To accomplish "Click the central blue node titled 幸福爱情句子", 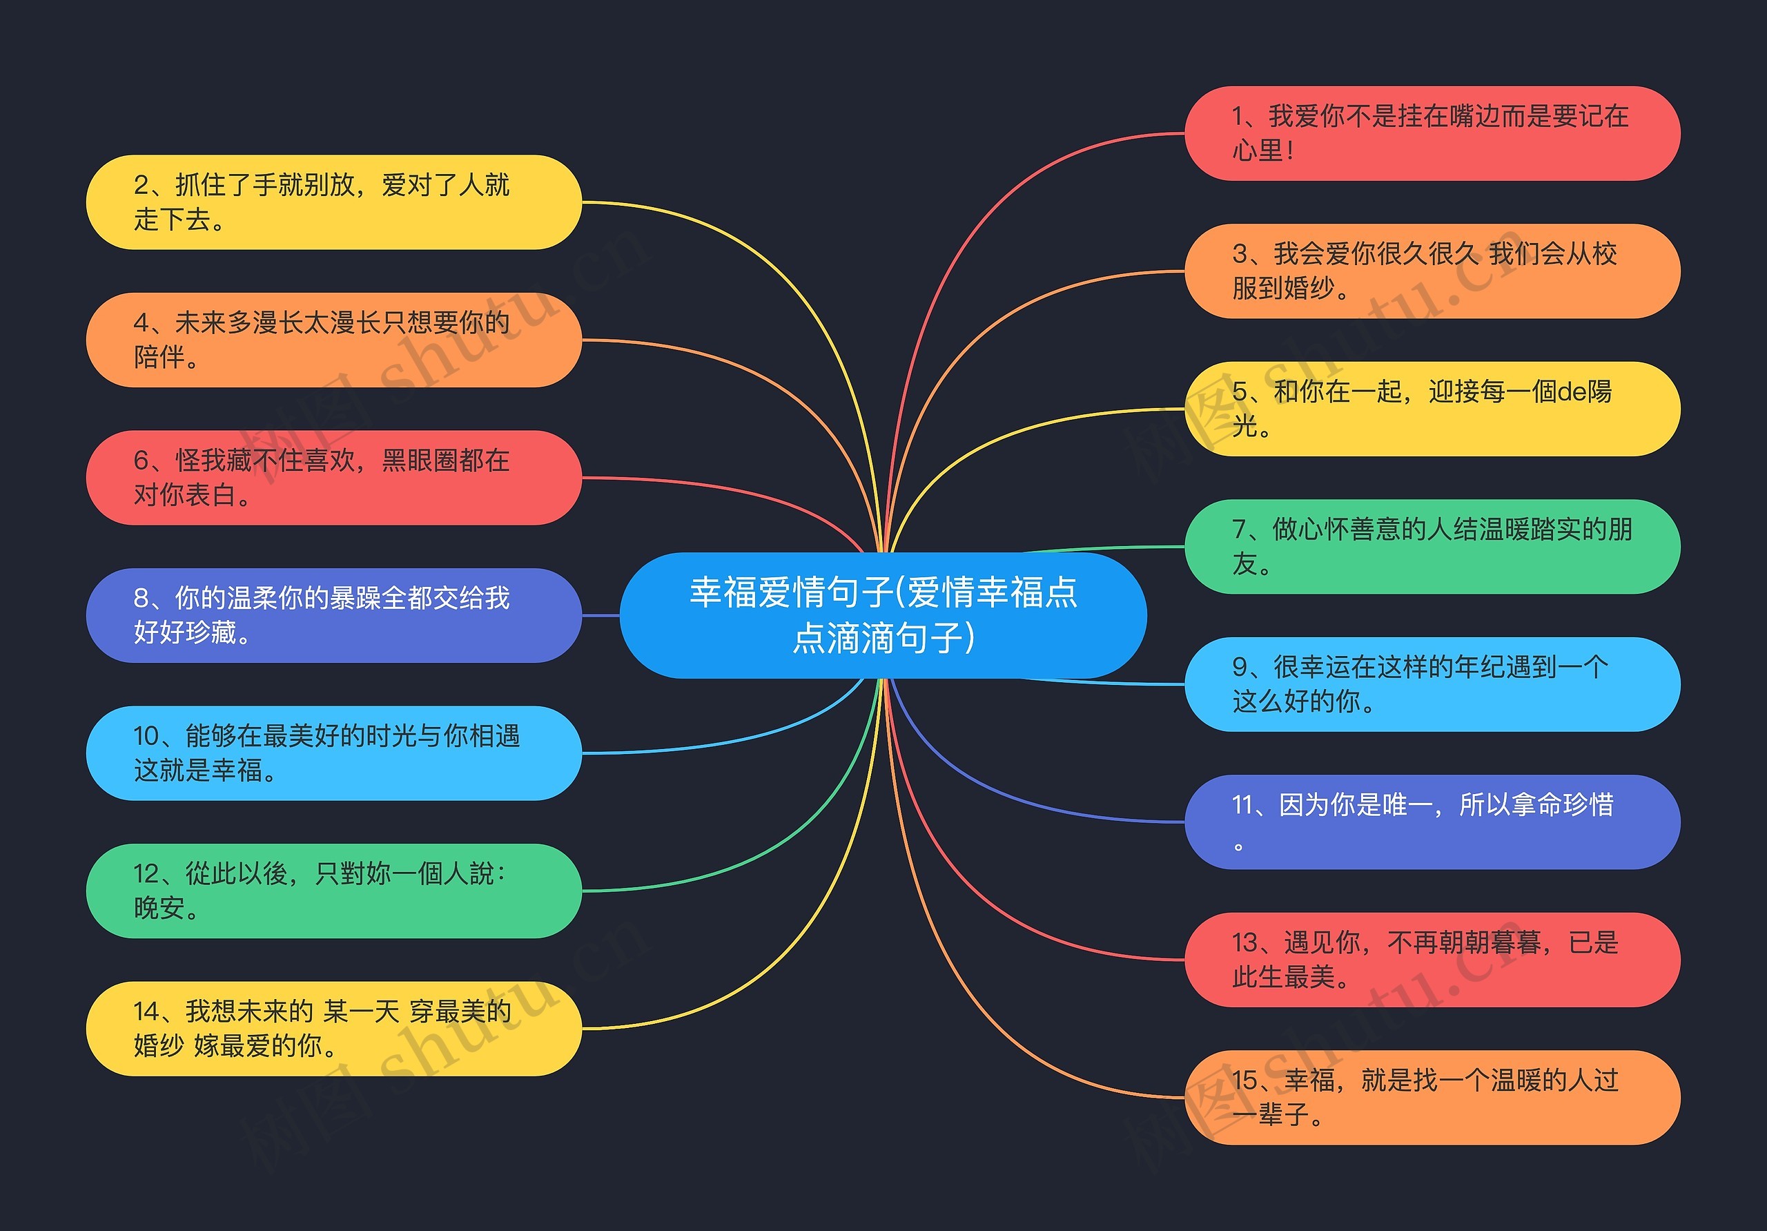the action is click(883, 614).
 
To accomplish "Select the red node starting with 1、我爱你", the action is click(1432, 133).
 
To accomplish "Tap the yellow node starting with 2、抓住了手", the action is click(333, 202).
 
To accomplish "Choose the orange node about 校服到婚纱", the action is click(1432, 271).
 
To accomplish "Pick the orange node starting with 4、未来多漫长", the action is click(333, 340).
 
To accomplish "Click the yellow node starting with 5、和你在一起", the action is click(1432, 409).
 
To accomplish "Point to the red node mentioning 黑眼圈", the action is click(333, 477).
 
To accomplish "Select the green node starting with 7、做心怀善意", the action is click(1432, 547).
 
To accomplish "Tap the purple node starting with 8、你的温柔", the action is click(333, 615).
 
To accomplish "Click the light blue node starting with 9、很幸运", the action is click(1432, 684).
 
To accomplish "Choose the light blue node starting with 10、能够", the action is click(333, 753).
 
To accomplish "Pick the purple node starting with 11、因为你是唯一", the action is click(1432, 822).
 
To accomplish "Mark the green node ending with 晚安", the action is click(333, 891).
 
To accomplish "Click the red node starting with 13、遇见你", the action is click(1432, 959).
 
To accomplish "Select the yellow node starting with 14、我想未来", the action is click(333, 1029).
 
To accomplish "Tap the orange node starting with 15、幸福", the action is click(1432, 1097).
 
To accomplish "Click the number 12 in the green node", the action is click(146, 874).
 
